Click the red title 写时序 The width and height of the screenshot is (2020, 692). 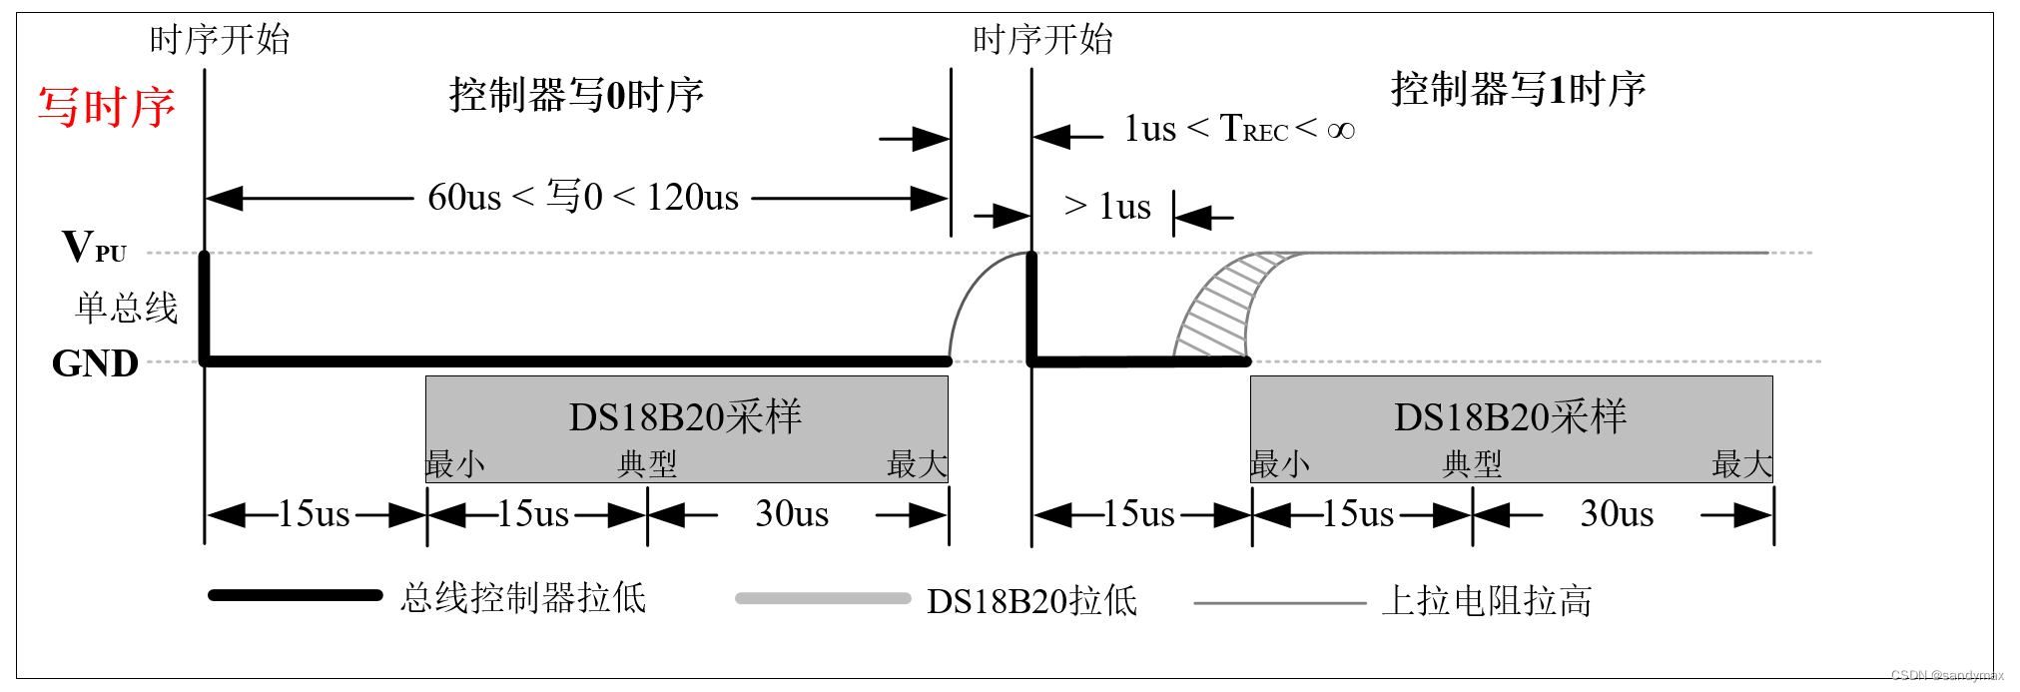coord(107,107)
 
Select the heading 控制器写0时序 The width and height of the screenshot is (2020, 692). coord(576,95)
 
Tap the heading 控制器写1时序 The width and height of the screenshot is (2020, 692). coord(1518,90)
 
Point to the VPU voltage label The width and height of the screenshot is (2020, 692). coord(94,247)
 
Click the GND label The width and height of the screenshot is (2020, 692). coord(95,363)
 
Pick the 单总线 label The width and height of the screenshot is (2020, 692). coord(126,308)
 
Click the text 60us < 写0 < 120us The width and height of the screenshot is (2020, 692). coord(583,198)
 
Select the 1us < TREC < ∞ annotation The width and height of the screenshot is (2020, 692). coord(1239,129)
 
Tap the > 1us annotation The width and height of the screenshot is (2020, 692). coord(1107,207)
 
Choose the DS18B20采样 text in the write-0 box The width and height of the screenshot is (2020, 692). coord(685,417)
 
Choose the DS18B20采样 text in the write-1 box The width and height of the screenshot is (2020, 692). coord(1510,417)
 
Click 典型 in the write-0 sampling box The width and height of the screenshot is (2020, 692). coord(647,463)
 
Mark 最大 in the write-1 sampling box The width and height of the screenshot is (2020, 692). coord(1741,463)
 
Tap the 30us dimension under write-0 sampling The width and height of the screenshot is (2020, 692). coord(792,514)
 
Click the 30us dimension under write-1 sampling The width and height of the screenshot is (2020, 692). coord(1617,514)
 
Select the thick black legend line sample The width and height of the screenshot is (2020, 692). coord(295,595)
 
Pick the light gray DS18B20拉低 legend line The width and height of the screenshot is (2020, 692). coord(823,599)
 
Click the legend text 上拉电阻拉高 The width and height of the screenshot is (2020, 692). coord(1486,601)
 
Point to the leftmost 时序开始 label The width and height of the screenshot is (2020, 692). coord(220,40)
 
